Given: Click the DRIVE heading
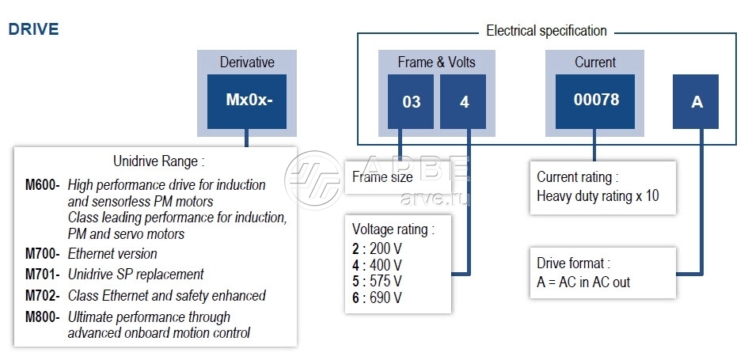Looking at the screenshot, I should click(x=33, y=29).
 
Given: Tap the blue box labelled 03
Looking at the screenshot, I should click(x=411, y=102).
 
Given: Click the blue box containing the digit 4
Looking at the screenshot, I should click(x=464, y=102).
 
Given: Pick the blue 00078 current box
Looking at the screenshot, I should click(x=595, y=101).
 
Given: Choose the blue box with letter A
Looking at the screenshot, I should click(x=697, y=102).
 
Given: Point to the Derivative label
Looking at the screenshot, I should click(x=247, y=62).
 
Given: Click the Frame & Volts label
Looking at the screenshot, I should click(x=437, y=62).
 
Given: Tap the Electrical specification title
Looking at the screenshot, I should click(x=546, y=31).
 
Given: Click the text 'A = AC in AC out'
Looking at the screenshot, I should click(x=583, y=282).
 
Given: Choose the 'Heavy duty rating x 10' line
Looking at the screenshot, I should click(x=598, y=195).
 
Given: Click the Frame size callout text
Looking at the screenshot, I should click(x=382, y=177).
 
